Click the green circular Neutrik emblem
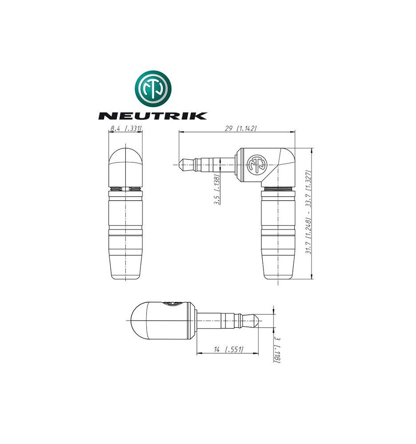tap(153, 88)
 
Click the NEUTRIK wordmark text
tap(152, 116)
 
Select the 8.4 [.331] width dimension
tap(126, 129)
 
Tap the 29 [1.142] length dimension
tap(241, 128)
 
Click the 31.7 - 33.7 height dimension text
tap(309, 212)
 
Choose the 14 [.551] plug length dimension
tap(228, 349)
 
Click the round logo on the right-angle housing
tap(257, 165)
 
